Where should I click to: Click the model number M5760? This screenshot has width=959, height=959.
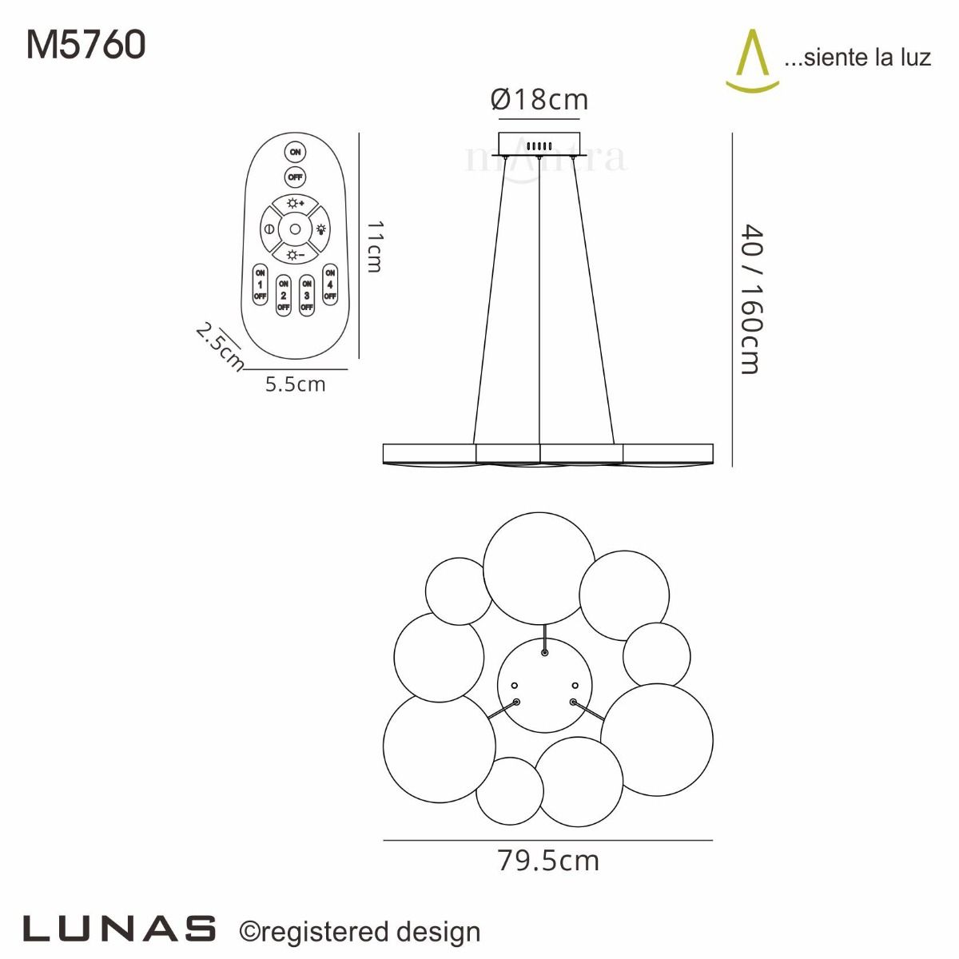point(86,45)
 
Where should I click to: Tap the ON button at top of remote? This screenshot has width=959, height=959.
point(295,152)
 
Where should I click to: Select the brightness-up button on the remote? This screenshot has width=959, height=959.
point(295,204)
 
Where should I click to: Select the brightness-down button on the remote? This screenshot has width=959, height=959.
point(295,255)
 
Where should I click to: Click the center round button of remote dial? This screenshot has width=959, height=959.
point(295,229)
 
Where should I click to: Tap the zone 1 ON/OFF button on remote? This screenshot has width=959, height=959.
point(260,285)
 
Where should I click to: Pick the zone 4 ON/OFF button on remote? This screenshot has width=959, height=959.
point(330,285)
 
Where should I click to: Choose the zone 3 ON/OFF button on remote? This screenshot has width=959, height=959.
point(307,295)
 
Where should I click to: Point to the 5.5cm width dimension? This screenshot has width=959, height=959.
point(295,384)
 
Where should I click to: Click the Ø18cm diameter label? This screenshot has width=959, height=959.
point(539,100)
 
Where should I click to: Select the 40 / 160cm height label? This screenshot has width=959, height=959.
point(751,300)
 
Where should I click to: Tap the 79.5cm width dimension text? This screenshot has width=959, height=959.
point(547,861)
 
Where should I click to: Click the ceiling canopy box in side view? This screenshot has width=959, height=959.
point(539,144)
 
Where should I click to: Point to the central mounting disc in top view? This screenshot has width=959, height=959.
point(545,686)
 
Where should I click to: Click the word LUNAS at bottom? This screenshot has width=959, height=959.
point(120,929)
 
